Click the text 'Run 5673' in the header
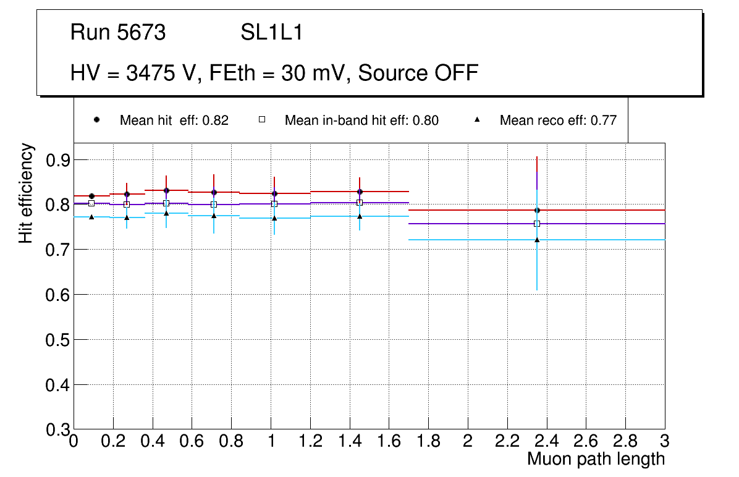click(x=118, y=33)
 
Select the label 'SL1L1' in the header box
click(x=271, y=33)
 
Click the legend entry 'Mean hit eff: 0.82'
click(x=174, y=120)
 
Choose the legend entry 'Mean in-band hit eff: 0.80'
click(x=361, y=120)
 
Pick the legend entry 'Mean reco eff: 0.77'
click(x=558, y=120)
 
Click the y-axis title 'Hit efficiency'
click(x=26, y=193)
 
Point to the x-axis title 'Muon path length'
click(x=596, y=459)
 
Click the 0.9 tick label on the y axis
click(x=58, y=160)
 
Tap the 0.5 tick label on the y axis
click(x=58, y=340)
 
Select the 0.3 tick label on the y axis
click(x=58, y=429)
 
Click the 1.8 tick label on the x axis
click(x=428, y=441)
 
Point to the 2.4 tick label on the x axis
click(x=546, y=441)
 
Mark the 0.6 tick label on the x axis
click(x=192, y=441)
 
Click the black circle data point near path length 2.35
click(x=537, y=210)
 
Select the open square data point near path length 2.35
click(x=537, y=224)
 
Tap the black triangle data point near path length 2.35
click(x=537, y=240)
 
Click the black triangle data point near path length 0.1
click(x=91, y=217)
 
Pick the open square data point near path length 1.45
click(x=360, y=203)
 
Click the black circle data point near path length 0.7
click(x=214, y=192)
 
